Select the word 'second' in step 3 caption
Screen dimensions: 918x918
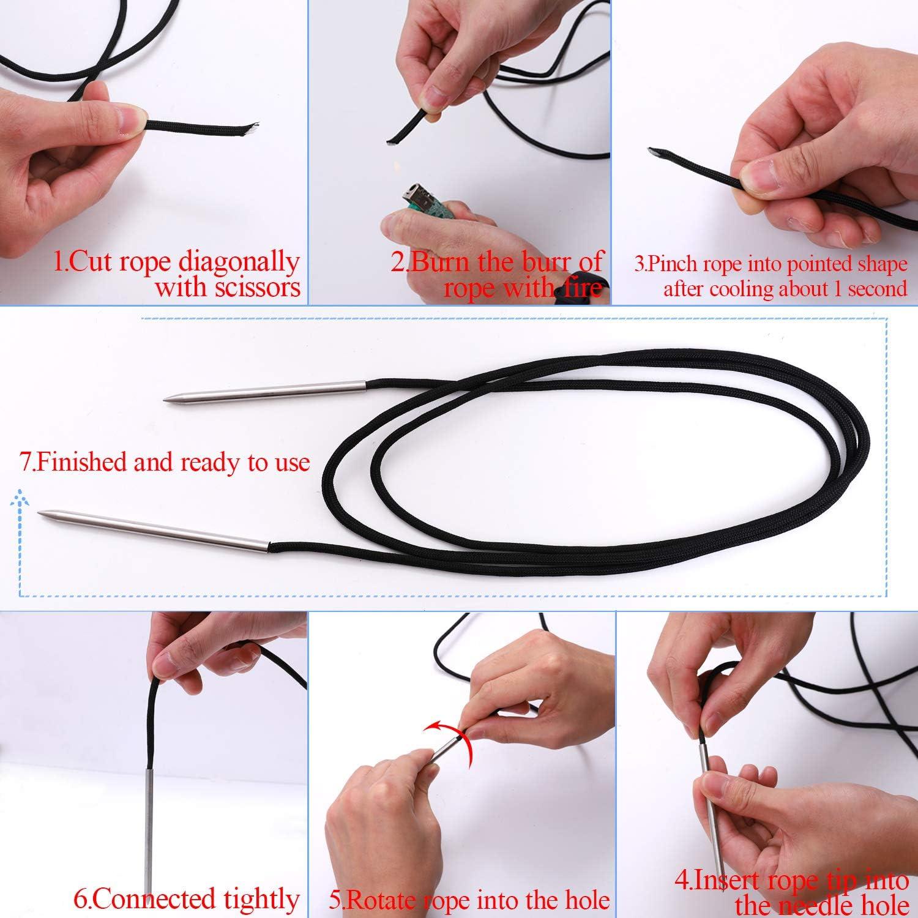point(877,289)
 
